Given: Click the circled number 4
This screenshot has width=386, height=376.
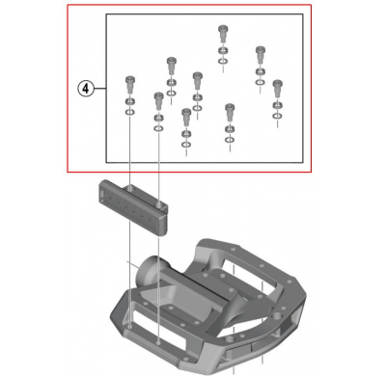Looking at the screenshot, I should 86,88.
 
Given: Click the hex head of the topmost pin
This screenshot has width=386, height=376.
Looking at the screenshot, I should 223,29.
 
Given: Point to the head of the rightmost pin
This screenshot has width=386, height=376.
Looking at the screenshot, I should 277,84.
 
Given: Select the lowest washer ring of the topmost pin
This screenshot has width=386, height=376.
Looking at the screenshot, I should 223,65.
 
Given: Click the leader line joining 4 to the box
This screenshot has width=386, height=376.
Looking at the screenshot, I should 99,88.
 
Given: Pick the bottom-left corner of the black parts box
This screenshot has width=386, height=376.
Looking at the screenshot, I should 104,161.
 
